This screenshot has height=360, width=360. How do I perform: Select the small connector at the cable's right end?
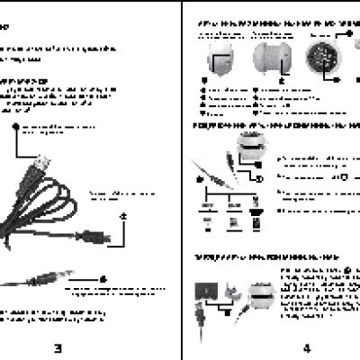click(103, 237)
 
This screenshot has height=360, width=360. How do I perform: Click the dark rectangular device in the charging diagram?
click(206, 293)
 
